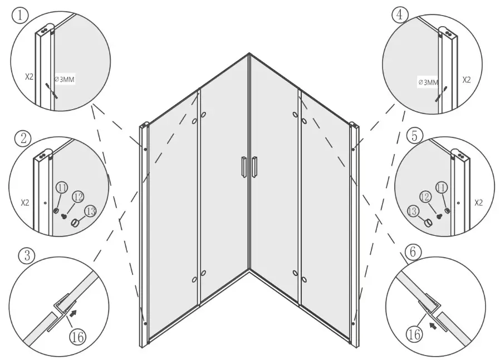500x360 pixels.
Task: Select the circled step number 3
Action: coord(26,256)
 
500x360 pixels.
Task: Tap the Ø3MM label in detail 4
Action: coord(428,83)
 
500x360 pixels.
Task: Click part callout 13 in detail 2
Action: coord(90,210)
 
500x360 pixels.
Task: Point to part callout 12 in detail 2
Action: coord(77,196)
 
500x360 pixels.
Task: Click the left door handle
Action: coord(243,166)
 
